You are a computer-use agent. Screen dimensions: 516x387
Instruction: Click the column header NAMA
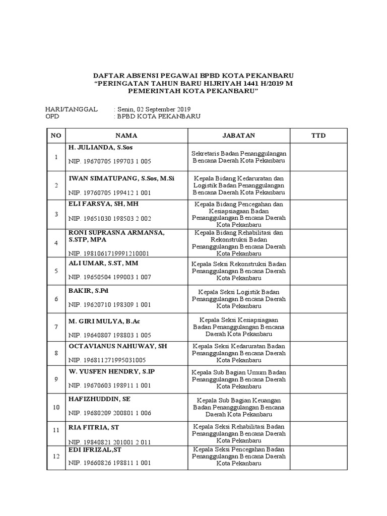pyautogui.click(x=126, y=136)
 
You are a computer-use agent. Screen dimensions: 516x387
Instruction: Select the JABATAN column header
pyautogui.click(x=239, y=136)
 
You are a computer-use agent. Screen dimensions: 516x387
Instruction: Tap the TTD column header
pyautogui.click(x=318, y=136)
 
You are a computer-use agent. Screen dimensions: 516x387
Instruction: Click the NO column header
pyautogui.click(x=55, y=136)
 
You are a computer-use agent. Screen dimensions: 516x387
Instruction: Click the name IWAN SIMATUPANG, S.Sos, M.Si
pyautogui.click(x=121, y=179)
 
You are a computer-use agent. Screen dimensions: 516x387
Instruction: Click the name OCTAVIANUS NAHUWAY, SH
pyautogui.click(x=117, y=346)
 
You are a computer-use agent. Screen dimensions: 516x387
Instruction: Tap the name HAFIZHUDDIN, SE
pyautogui.click(x=99, y=399)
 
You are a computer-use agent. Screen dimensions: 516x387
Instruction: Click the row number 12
pyautogui.click(x=55, y=456)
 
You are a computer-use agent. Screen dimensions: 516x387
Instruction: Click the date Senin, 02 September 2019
pyautogui.click(x=154, y=109)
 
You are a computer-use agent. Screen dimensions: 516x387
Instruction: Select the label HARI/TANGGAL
pyautogui.click(x=71, y=109)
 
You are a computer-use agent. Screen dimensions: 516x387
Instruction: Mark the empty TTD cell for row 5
pyautogui.click(x=318, y=271)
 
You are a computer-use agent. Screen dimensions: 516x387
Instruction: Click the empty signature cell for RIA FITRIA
pyautogui.click(x=318, y=433)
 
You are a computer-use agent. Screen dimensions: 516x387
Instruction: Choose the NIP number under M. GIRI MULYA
pyautogui.click(x=109, y=335)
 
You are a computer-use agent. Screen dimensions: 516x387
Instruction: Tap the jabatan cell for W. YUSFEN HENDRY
pyautogui.click(x=239, y=379)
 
